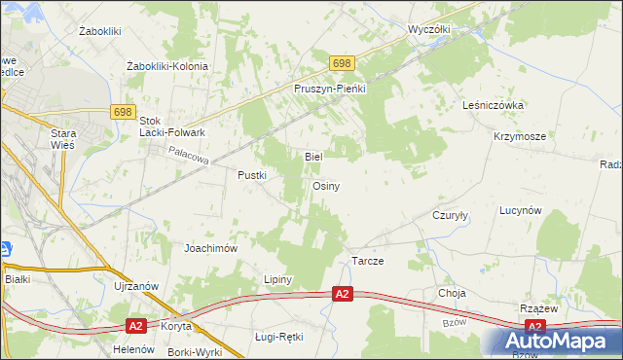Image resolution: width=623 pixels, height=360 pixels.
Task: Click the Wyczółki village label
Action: [429, 29]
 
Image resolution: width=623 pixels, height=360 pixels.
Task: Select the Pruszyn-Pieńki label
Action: [329, 89]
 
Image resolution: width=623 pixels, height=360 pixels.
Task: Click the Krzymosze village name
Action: [519, 137]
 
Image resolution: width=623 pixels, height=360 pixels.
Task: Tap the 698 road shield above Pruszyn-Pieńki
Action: [340, 63]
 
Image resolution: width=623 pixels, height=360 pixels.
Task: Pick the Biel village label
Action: [313, 156]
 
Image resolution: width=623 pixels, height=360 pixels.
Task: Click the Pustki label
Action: [252, 175]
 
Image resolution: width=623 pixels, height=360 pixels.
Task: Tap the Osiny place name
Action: [325, 186]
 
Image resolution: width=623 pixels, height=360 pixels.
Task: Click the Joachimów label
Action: [211, 248]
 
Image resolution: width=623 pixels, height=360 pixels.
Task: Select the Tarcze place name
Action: [367, 263]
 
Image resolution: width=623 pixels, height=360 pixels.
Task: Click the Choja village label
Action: [453, 293]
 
